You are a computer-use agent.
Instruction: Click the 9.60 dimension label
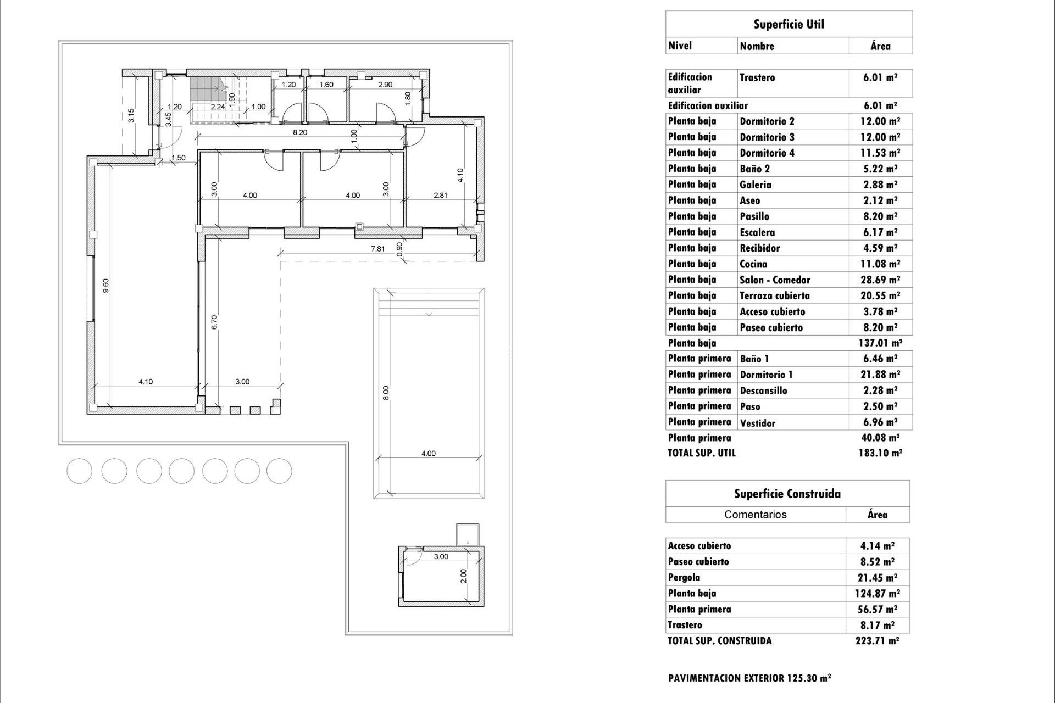coord(106,285)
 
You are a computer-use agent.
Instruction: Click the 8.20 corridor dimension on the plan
coord(300,132)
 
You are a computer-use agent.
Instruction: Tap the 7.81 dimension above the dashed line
coord(377,249)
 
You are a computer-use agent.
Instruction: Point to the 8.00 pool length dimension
coord(386,393)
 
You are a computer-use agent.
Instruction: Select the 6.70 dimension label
coord(215,322)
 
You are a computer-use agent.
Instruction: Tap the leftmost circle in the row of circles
coord(80,471)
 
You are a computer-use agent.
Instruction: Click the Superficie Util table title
coord(789,24)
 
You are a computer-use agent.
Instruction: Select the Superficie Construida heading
coord(787,494)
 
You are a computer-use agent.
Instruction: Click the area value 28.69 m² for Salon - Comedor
coord(880,280)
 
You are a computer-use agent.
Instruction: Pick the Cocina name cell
coord(753,264)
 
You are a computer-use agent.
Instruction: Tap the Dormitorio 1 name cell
coord(766,375)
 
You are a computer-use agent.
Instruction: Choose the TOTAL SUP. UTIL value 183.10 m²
coord(880,453)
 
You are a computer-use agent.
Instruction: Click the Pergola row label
coord(685,577)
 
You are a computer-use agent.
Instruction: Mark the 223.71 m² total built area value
coord(877,640)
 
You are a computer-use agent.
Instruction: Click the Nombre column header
coord(757,46)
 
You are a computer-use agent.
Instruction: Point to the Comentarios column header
coord(755,515)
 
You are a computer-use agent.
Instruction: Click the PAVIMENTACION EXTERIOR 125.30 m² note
coord(749,678)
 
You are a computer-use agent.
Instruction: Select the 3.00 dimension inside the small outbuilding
coord(441,556)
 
